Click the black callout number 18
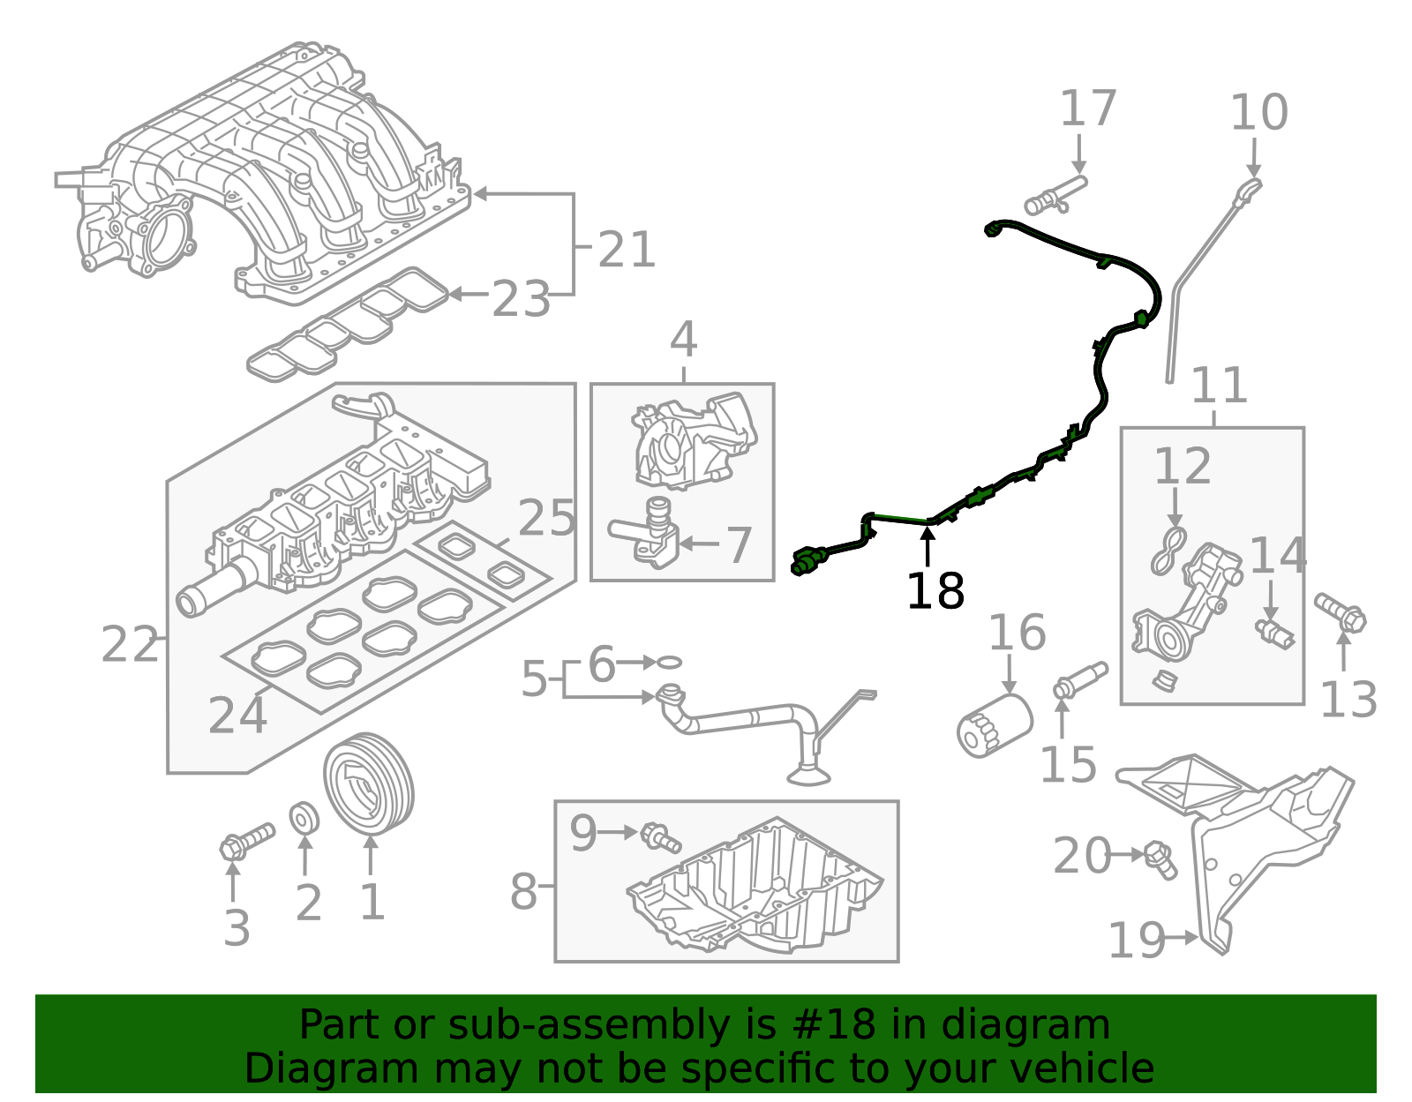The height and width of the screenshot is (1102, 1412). [x=935, y=591]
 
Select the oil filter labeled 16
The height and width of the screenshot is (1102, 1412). [x=994, y=723]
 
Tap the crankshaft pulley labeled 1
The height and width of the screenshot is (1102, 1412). [x=368, y=783]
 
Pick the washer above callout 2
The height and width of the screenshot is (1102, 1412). [x=304, y=818]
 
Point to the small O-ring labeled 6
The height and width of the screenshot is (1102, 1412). [x=670, y=662]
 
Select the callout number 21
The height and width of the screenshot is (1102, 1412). [x=627, y=250]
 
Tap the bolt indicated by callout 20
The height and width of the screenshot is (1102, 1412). [x=1160, y=858]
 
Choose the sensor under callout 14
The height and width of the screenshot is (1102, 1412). [x=1274, y=633]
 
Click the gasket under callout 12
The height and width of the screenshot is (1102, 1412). [x=1168, y=551]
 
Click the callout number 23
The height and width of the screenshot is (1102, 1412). [x=521, y=299]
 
